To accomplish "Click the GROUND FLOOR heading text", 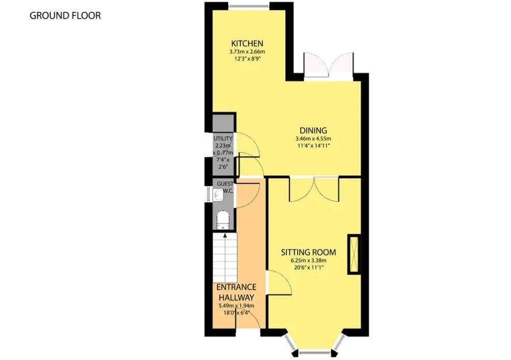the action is click(x=65, y=16).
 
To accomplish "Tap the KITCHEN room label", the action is click(x=247, y=43).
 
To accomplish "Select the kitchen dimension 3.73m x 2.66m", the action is click(x=247, y=52).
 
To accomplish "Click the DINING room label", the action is click(x=313, y=130).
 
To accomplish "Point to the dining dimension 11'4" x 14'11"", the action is click(x=313, y=145).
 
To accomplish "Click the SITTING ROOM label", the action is click(x=309, y=252).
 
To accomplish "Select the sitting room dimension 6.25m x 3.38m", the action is click(x=309, y=260).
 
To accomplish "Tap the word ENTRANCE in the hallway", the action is click(x=236, y=287).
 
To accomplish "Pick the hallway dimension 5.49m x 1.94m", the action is click(x=236, y=306).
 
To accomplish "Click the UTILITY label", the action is click(x=223, y=139).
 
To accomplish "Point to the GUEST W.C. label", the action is click(x=225, y=187).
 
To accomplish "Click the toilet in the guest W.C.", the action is click(x=223, y=220).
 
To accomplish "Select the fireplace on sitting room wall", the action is click(x=354, y=254).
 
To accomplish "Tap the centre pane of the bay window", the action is click(x=315, y=352).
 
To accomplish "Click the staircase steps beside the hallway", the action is click(x=225, y=257).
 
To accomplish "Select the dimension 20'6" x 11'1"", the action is click(x=309, y=267).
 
